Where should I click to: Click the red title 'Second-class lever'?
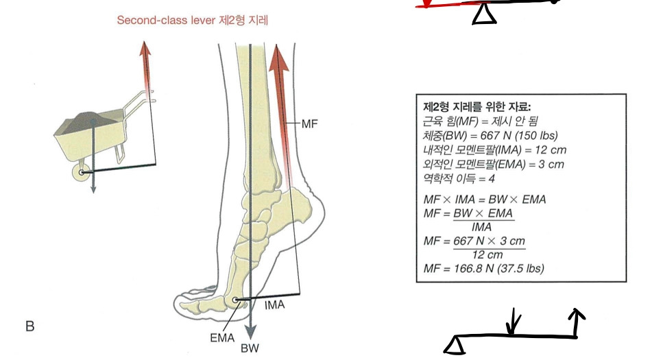pos(161,21)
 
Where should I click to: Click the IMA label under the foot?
pos(274,304)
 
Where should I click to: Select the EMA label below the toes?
pos(223,338)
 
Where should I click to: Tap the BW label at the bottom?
pos(250,348)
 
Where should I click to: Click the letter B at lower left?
pos(29,326)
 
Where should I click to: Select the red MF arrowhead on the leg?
pos(278,58)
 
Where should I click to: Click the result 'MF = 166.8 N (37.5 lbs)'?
pos(483,268)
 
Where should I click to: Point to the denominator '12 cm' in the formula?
pos(487,254)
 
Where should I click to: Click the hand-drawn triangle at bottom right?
pos(455,345)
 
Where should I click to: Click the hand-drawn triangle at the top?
pos(484,13)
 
